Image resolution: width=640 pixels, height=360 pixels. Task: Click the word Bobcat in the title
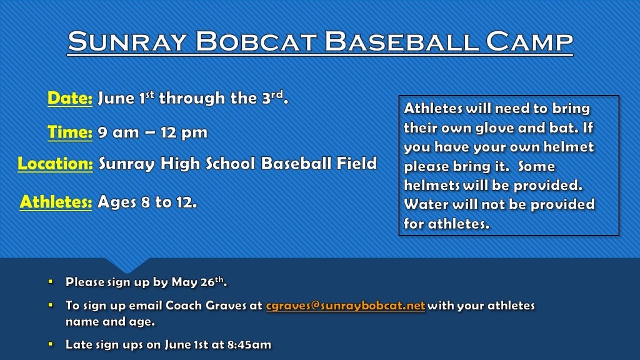coord(256,41)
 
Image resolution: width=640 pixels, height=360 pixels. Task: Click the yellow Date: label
coord(70,98)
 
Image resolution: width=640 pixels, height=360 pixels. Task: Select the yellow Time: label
coord(70,132)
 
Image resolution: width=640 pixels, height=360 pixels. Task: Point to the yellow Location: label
coord(55,164)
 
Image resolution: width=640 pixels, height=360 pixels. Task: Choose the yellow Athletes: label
coord(56,202)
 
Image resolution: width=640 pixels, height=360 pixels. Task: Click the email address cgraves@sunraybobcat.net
coord(345,306)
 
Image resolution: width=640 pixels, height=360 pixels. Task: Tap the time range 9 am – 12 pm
coord(152,132)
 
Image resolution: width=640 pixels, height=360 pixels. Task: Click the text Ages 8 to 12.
coord(147,202)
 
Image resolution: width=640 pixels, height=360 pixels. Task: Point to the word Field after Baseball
coord(356,163)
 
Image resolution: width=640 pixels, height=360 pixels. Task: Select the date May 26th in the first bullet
coord(199,282)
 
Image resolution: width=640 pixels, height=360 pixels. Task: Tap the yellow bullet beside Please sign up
coord(51,282)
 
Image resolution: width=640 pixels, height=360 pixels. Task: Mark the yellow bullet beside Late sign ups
coord(51,344)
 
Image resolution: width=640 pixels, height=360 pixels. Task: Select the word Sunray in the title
coord(127,41)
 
